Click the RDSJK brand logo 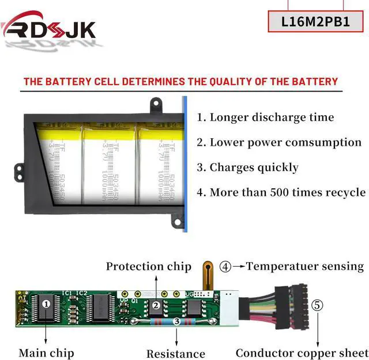click(50, 28)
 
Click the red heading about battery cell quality click(180, 81)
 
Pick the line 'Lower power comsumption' click(279, 142)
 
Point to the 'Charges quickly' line click(247, 168)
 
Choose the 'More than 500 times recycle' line click(281, 192)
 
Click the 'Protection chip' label click(148, 267)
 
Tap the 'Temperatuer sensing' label click(304, 267)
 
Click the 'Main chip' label click(46, 353)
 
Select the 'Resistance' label click(175, 354)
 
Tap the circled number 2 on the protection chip click(156, 306)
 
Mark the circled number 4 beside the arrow click(225, 267)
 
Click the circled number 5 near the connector click(317, 305)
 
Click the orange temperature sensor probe click(208, 274)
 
